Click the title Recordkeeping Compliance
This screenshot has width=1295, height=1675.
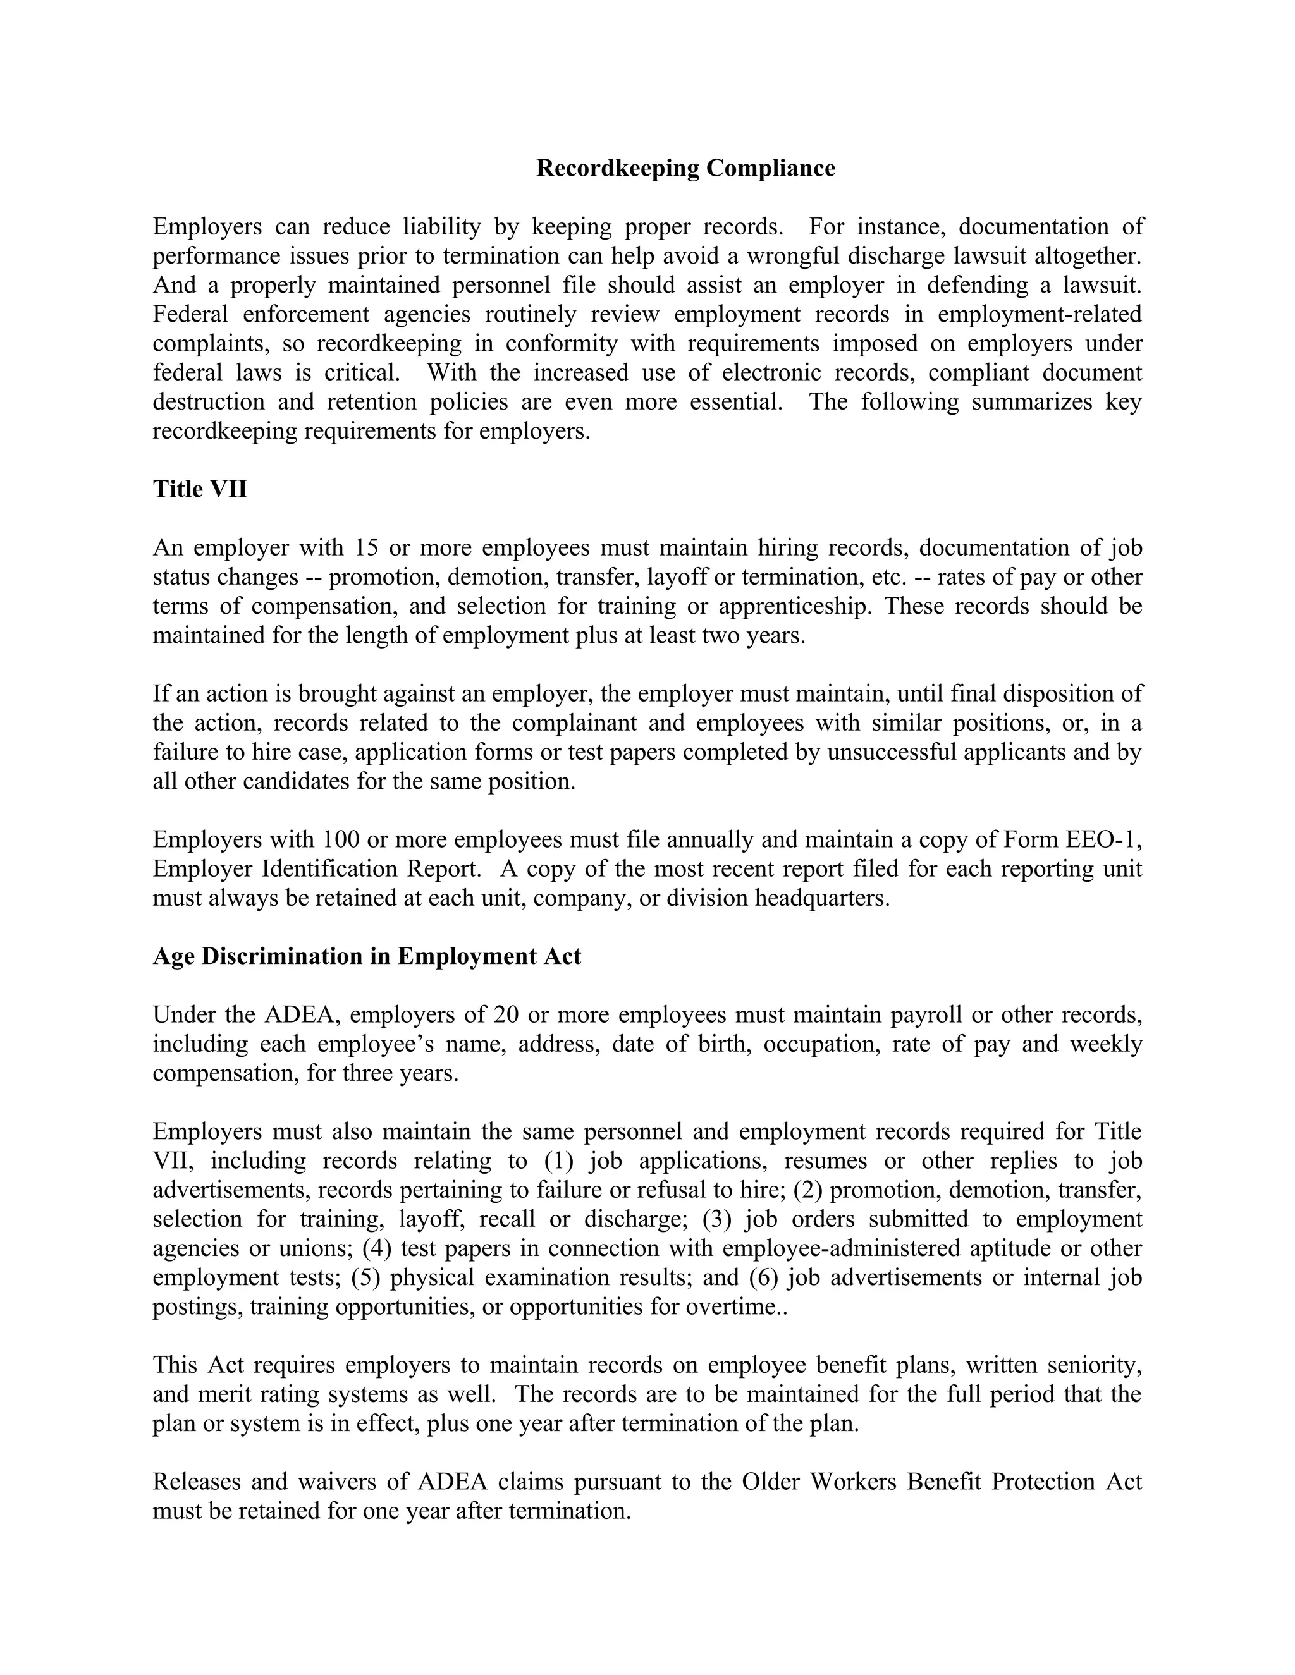(685, 168)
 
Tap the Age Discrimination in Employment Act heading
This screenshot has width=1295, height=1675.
(367, 956)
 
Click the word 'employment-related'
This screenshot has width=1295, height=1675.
(1040, 314)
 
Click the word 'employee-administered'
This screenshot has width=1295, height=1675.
(841, 1248)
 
